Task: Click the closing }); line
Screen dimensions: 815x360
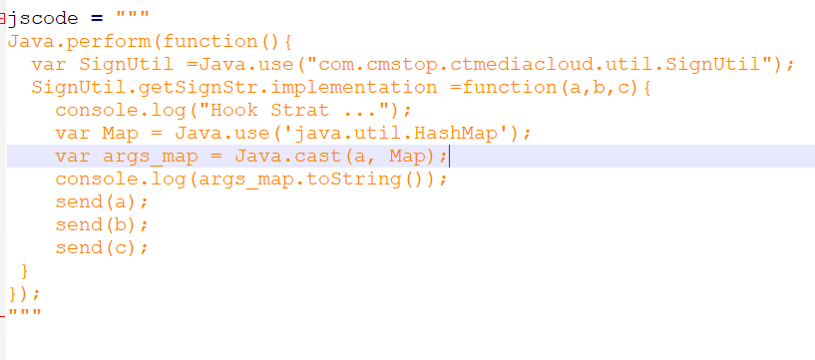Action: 24,294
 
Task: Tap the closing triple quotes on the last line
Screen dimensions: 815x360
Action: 24,315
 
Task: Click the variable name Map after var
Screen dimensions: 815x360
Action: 126,134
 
